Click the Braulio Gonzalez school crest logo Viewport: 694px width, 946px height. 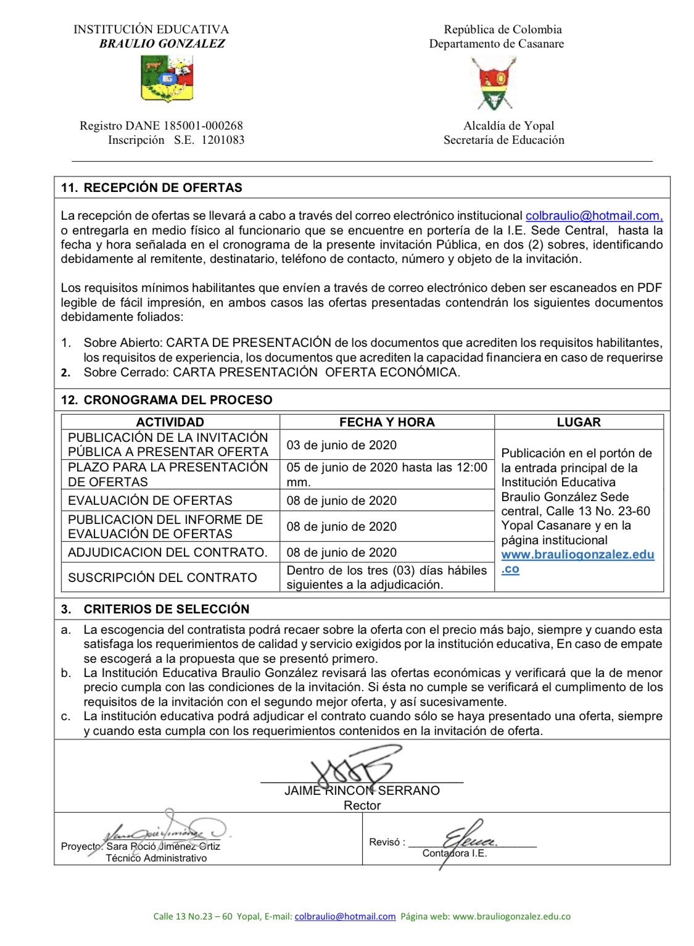(167, 78)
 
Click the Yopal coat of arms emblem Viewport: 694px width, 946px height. (494, 83)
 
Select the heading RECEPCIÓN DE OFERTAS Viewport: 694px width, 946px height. (163, 188)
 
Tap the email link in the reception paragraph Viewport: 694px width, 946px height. (593, 215)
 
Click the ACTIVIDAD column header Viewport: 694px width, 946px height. (170, 422)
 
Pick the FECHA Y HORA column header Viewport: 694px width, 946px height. (387, 422)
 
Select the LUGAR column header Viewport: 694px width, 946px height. (578, 422)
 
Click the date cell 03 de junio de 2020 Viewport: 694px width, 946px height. (341, 445)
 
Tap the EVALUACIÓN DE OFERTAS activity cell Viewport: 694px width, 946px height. (150, 500)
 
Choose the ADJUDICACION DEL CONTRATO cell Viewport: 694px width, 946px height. (167, 552)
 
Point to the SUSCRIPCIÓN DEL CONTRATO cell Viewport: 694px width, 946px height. (162, 578)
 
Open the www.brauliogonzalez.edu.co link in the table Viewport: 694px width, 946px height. (577, 555)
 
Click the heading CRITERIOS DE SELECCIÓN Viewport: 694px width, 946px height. (166, 609)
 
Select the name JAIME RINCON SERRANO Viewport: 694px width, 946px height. (361, 790)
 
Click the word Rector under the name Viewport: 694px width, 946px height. (362, 805)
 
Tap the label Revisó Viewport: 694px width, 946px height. (387, 842)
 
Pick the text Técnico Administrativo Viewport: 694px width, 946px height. (156, 858)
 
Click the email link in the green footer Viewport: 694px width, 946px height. (345, 916)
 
